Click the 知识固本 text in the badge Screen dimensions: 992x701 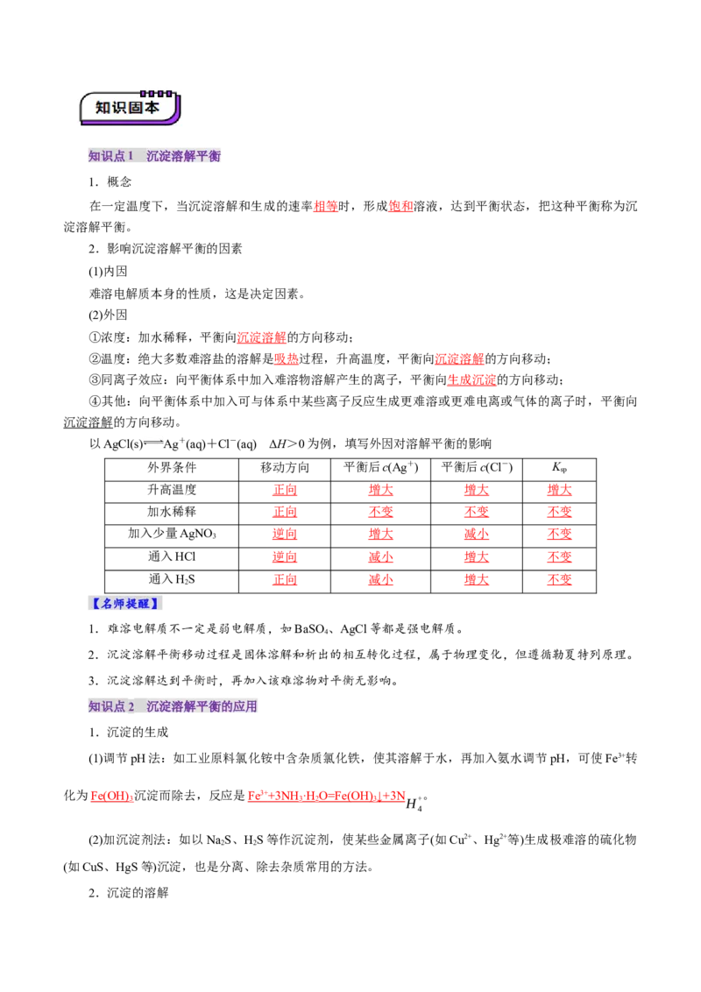[128, 108]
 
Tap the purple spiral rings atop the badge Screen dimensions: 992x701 [156, 93]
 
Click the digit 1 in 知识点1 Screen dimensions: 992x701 [131, 157]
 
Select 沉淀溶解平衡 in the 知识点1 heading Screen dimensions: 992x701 [185, 158]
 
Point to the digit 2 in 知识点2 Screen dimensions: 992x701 [131, 705]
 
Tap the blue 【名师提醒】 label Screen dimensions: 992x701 [126, 605]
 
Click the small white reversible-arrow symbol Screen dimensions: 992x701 [154, 442]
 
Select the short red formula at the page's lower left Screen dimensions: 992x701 [111, 797]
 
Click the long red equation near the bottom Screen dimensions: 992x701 [326, 797]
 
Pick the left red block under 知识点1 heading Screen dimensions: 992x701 [326, 207]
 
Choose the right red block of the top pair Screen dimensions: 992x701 [400, 207]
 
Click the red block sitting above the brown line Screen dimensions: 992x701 [261, 337]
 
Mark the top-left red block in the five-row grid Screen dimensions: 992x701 [286, 490]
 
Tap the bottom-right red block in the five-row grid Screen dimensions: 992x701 [560, 580]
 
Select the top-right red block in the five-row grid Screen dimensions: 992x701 [560, 490]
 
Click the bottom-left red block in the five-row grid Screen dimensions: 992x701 [286, 580]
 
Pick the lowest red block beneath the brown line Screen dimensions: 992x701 [472, 380]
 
